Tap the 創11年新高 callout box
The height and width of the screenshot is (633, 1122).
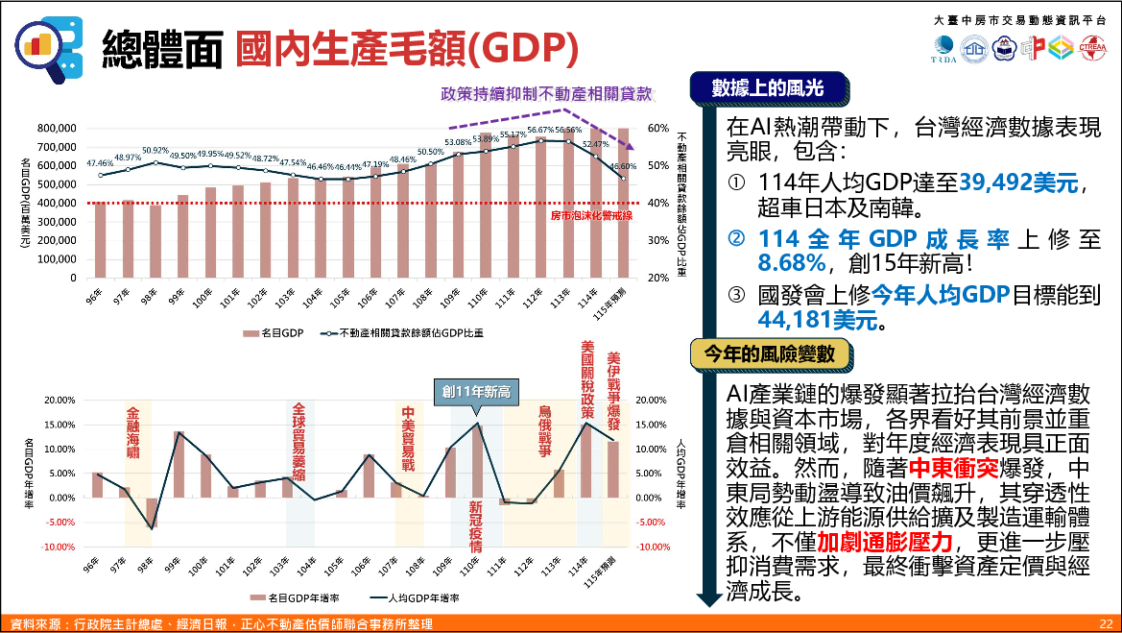click(476, 392)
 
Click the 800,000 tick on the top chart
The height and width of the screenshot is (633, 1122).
click(56, 128)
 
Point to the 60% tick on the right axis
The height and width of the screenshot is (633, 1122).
click(658, 128)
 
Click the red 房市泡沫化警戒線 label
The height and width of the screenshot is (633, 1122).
click(591, 215)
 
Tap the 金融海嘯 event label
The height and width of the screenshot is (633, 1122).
click(133, 432)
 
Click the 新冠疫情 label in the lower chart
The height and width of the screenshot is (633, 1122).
click(475, 526)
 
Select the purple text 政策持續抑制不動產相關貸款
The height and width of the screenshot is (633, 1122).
click(546, 94)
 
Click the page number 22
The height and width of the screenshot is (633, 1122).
click(1106, 623)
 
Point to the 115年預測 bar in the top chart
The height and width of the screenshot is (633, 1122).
click(623, 203)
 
